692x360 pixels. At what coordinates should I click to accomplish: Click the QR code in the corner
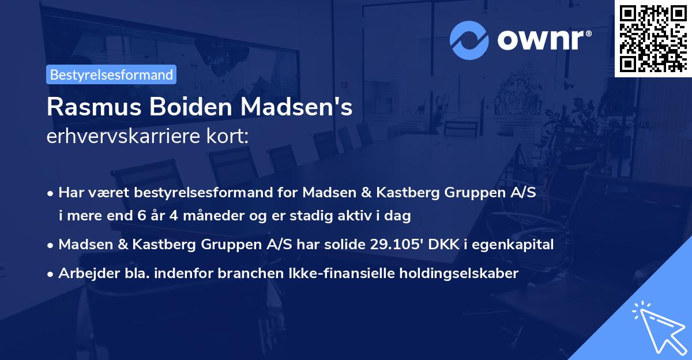point(653,39)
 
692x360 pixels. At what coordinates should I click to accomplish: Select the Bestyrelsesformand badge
point(111,74)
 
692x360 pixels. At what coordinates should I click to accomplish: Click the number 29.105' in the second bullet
point(394,245)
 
